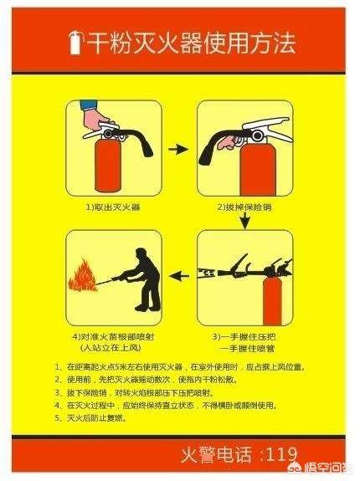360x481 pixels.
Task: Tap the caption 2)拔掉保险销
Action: click(243, 206)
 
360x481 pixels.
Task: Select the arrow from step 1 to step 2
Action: click(177, 150)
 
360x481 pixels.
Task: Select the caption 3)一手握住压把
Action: click(243, 335)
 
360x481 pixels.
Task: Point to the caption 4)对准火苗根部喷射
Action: click(111, 335)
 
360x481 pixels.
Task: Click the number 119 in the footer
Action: click(280, 454)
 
